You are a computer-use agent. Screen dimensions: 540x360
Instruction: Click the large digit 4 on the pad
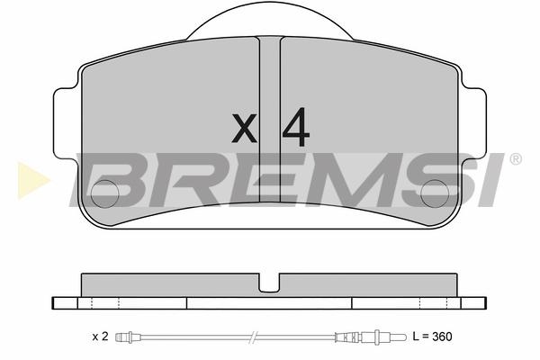pyautogui.click(x=295, y=127)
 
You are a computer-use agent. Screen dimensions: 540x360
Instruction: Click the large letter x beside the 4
pyautogui.click(x=244, y=128)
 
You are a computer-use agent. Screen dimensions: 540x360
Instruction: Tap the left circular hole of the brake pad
pyautogui.click(x=104, y=193)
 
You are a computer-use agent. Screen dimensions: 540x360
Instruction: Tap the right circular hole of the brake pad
pyautogui.click(x=435, y=193)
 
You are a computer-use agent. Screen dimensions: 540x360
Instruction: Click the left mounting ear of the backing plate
pyautogui.click(x=67, y=123)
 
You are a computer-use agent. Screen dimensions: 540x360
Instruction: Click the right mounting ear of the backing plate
pyautogui.click(x=473, y=123)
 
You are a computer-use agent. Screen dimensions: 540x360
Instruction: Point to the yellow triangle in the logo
pyautogui.click(x=33, y=180)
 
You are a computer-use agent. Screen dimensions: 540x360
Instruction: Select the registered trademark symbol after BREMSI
pyautogui.click(x=515, y=159)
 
